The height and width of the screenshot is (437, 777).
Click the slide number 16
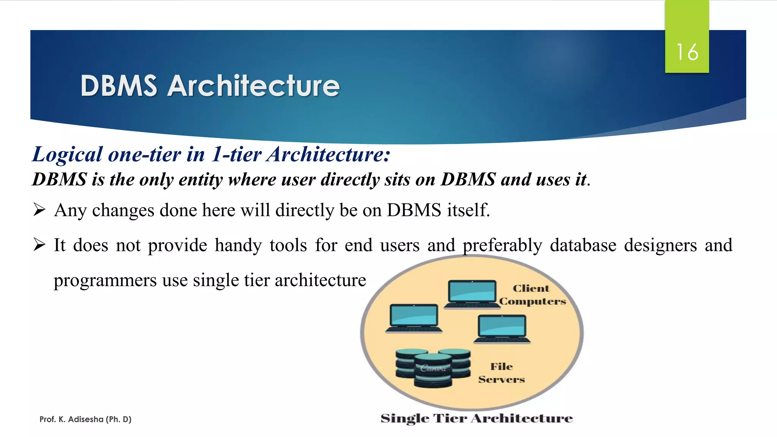pyautogui.click(x=687, y=52)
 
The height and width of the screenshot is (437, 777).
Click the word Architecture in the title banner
pyautogui.click(x=253, y=86)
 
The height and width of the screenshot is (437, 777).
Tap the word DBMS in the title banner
pyautogui.click(x=119, y=86)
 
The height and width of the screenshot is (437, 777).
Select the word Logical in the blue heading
pyautogui.click(x=67, y=155)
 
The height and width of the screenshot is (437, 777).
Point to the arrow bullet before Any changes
pyautogui.click(x=39, y=209)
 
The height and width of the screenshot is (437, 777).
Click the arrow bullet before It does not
pyautogui.click(x=39, y=245)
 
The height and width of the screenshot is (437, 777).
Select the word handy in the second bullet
pyautogui.click(x=238, y=245)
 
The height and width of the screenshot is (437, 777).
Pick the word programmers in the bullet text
pyautogui.click(x=105, y=280)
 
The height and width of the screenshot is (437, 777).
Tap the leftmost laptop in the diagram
pyautogui.click(x=414, y=318)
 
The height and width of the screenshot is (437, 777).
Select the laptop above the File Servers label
pyautogui.click(x=502, y=329)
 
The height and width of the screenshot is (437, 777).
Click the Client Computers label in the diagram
pyautogui.click(x=532, y=295)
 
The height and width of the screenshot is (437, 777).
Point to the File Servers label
pyautogui.click(x=501, y=373)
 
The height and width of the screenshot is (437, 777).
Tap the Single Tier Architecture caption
pyautogui.click(x=477, y=418)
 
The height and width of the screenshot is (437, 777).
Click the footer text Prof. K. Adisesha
pyautogui.click(x=85, y=419)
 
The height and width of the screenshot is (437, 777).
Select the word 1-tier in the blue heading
pyautogui.click(x=236, y=155)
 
